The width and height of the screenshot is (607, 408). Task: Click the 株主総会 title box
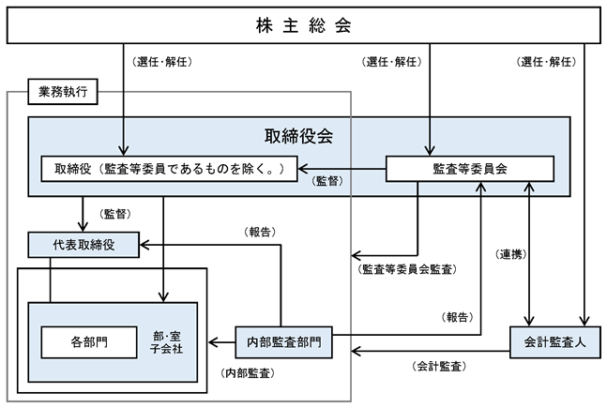(304, 25)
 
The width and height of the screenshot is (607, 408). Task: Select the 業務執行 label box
(63, 92)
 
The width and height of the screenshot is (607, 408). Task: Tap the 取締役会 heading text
(298, 136)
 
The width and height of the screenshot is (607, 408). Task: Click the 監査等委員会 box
(470, 169)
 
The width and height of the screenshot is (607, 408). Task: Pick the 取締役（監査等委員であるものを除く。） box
(169, 169)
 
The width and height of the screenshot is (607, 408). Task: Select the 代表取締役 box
(83, 245)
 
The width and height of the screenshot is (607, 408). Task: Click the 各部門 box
(89, 342)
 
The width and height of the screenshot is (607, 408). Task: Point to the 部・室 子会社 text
(166, 342)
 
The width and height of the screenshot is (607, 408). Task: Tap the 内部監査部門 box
(283, 342)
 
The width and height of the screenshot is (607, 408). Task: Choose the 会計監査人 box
(555, 342)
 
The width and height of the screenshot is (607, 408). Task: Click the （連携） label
(511, 254)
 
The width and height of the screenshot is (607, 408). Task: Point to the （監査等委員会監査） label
(407, 269)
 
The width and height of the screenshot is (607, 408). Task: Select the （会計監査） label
(439, 366)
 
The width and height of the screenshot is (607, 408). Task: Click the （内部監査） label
(248, 373)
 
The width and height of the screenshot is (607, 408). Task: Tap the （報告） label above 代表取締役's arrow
(260, 232)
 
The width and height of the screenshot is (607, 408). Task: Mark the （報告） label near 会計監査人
(458, 317)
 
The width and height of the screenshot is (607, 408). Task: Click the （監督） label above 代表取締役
(115, 214)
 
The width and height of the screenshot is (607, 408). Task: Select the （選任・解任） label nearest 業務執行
(162, 62)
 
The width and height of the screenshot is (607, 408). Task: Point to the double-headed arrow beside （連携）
(529, 254)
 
